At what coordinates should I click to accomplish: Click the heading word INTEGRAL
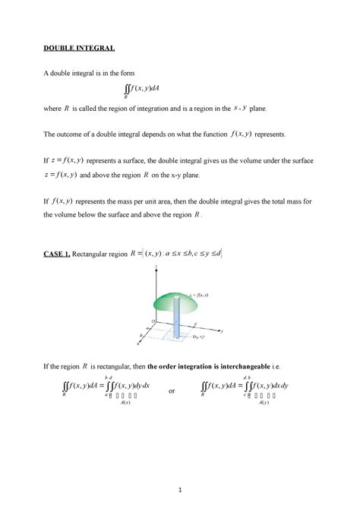tap(95, 49)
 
